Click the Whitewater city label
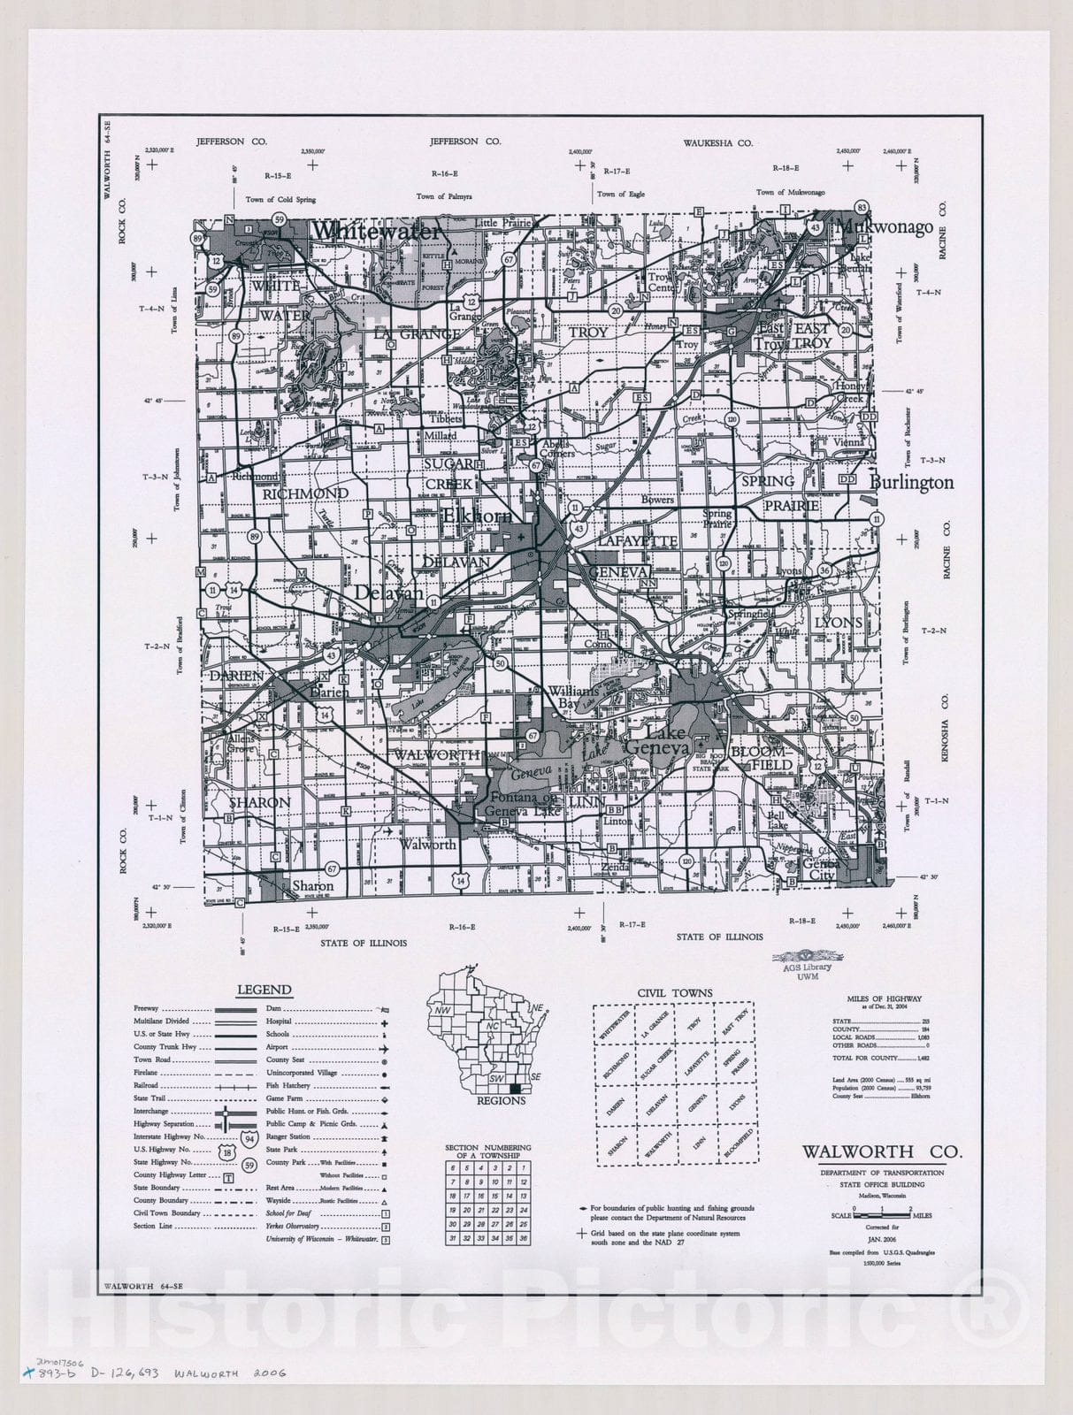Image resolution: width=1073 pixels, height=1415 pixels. [376, 232]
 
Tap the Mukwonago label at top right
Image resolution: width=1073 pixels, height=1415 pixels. [885, 227]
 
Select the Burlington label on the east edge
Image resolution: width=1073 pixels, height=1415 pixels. [912, 483]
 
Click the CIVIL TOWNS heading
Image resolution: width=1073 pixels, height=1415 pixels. [675, 993]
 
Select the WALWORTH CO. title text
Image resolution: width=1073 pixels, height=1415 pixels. [881, 1152]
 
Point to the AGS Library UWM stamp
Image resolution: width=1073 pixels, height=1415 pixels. [808, 965]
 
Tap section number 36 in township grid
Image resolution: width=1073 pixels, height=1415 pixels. [524, 1239]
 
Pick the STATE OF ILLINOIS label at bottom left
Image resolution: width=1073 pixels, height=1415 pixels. [364, 943]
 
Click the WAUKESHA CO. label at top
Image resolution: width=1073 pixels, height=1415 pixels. [717, 142]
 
